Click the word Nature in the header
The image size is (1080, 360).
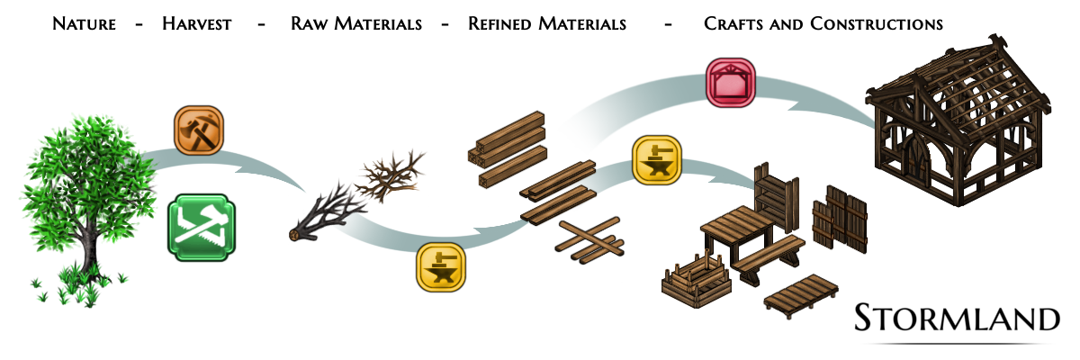pyautogui.click(x=84, y=24)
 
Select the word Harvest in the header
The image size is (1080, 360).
pyautogui.click(x=196, y=24)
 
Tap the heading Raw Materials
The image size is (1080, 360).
pyautogui.click(x=355, y=24)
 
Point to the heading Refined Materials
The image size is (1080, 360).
pyautogui.click(x=546, y=24)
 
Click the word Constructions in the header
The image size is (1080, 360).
pyautogui.click(x=876, y=24)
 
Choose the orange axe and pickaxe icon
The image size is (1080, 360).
pyautogui.click(x=199, y=131)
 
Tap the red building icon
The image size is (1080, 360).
pyautogui.click(x=730, y=83)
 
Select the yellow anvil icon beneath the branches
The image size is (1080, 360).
pyautogui.click(x=442, y=267)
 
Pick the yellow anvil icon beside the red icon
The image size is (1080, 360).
pyautogui.click(x=657, y=160)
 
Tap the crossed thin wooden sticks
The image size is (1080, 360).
pyautogui.click(x=589, y=238)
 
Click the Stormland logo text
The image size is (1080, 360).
pyautogui.click(x=956, y=319)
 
